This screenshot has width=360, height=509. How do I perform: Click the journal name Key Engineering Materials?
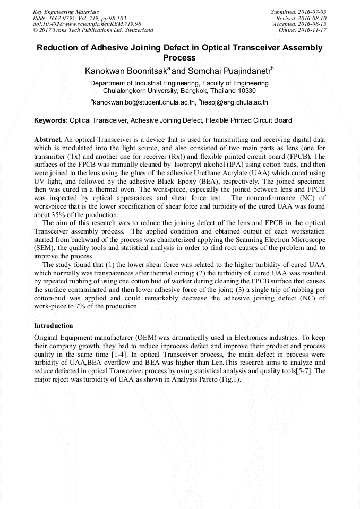65,12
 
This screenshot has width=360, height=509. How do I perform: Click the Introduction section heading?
53,325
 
